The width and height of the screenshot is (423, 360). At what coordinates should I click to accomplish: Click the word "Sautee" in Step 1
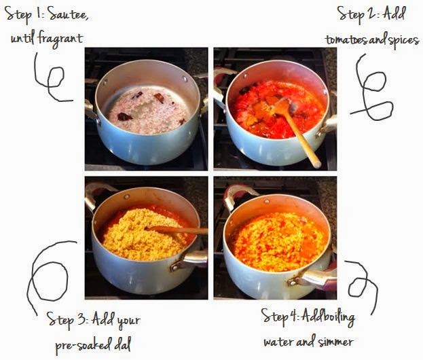(69, 15)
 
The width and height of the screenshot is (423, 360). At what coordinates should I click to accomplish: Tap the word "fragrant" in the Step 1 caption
(60, 39)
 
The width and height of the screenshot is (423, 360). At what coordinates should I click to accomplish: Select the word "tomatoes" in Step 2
(346, 40)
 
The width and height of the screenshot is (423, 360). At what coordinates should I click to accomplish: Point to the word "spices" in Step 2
(403, 41)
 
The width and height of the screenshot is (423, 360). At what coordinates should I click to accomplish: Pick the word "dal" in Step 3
(122, 344)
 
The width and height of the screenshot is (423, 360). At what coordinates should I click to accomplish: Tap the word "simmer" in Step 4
(335, 342)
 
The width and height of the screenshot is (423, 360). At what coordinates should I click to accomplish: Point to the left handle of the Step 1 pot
(90, 110)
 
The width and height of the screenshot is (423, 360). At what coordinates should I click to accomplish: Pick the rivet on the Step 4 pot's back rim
(267, 201)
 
